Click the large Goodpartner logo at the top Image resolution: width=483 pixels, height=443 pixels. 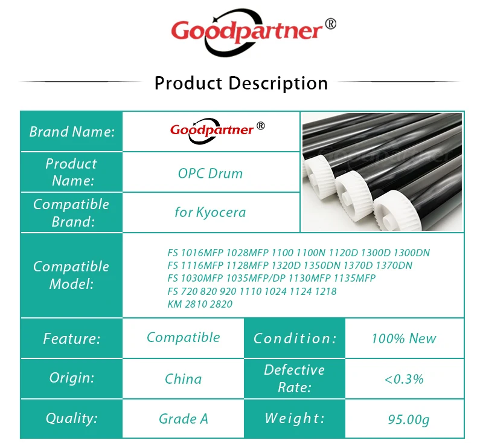[253, 33]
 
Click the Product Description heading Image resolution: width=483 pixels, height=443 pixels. [241, 83]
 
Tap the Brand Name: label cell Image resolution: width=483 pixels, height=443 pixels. [72, 132]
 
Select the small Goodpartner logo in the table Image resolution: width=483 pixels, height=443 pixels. [217, 131]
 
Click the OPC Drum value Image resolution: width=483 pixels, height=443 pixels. [210, 173]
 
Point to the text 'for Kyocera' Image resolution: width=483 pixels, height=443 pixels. [210, 212]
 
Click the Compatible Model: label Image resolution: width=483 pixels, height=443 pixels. [71, 275]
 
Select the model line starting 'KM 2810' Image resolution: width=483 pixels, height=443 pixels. [200, 304]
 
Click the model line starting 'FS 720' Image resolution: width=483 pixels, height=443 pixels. [252, 291]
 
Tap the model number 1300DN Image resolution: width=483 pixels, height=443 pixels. [412, 253]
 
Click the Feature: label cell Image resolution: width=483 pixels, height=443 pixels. [72, 338]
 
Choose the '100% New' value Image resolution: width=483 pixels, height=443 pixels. [404, 338]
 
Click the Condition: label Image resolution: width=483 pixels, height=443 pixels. [295, 338]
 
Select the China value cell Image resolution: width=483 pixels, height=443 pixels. [184, 379]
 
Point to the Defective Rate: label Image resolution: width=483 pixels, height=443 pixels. [295, 378]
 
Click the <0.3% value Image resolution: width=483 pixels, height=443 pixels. [404, 379]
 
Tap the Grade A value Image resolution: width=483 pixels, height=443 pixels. [184, 419]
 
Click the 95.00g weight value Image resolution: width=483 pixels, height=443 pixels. [409, 419]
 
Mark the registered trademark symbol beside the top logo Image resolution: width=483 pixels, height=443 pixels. [331, 24]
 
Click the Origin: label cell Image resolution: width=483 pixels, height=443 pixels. [72, 378]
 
